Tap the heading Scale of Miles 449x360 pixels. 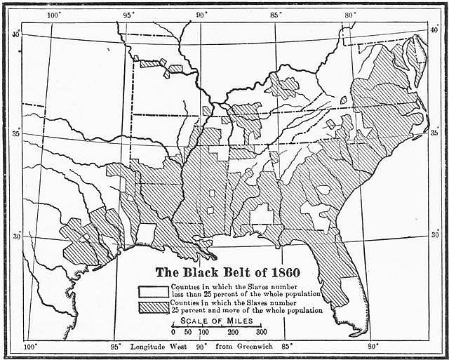217,321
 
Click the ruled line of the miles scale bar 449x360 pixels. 217,326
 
